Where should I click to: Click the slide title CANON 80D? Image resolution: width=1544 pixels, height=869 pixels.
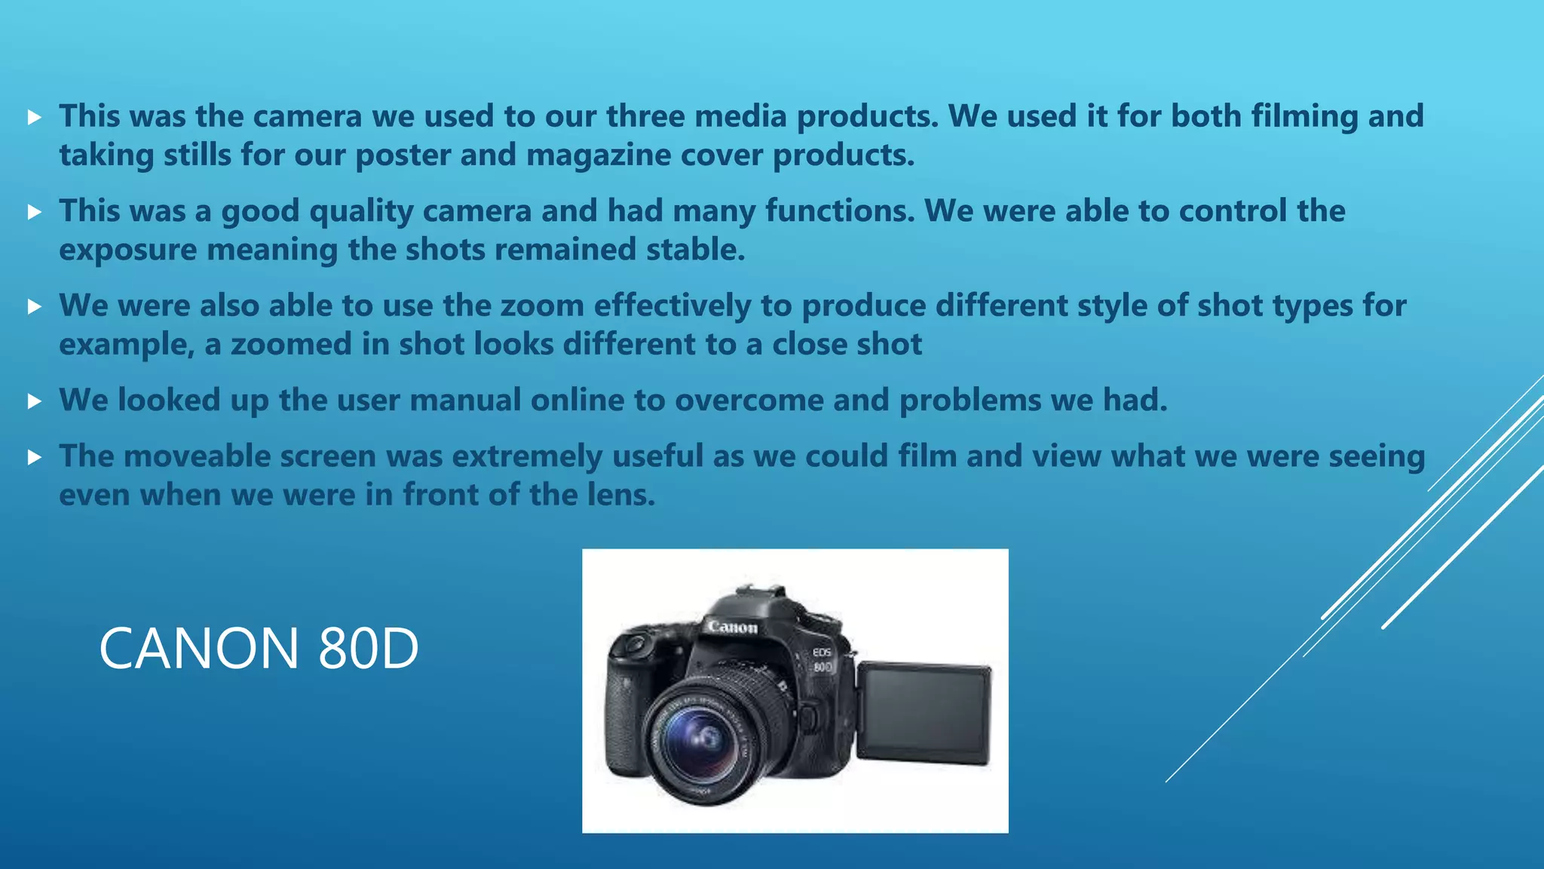[x=259, y=648]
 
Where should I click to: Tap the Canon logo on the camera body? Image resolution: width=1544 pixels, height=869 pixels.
[x=732, y=626]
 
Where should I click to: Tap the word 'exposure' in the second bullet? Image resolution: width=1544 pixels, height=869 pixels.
[x=127, y=250]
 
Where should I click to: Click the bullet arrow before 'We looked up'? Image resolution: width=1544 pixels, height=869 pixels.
[x=34, y=401]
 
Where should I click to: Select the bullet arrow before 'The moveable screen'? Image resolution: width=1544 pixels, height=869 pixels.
[x=34, y=457]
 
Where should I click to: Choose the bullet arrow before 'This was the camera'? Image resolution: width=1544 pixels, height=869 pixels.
[x=34, y=117]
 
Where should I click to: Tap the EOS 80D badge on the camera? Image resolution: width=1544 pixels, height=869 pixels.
[x=822, y=659]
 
